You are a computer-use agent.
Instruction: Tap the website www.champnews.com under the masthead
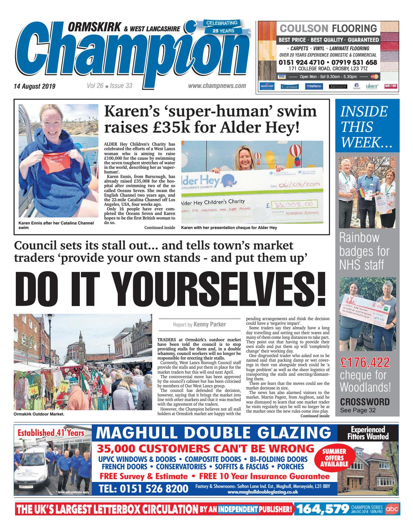pyautogui.click(x=217, y=86)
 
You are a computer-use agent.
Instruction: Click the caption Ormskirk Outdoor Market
pyautogui.click(x=39, y=414)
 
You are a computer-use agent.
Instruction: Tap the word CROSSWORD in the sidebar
pyautogui.click(x=365, y=402)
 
